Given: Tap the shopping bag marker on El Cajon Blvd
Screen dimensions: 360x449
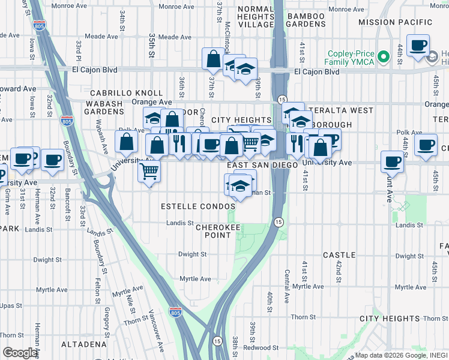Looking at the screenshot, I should click(x=213, y=59).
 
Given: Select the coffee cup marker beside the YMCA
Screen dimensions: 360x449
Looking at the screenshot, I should click(x=418, y=46).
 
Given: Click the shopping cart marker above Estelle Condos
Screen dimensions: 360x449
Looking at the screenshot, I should click(x=149, y=171).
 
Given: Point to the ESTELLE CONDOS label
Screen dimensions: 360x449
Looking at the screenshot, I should click(x=198, y=206).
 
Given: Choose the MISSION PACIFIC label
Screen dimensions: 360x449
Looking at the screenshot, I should click(x=394, y=22).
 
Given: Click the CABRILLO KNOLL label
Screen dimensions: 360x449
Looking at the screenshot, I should click(x=126, y=93).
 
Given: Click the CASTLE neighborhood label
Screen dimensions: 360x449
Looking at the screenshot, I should click(x=339, y=255).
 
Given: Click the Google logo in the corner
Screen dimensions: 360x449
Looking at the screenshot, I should click(x=20, y=353).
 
